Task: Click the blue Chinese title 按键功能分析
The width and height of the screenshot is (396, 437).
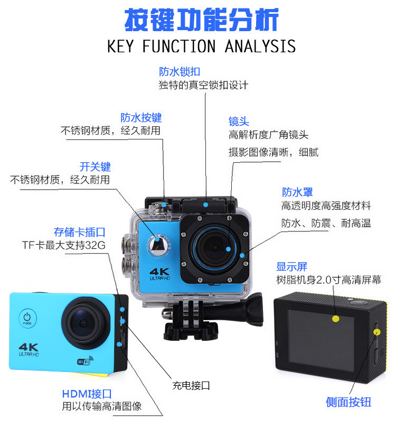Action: pos(201,21)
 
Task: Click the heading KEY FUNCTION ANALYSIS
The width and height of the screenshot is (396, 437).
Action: pos(201,47)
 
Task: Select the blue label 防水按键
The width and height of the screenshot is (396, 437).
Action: pos(140,117)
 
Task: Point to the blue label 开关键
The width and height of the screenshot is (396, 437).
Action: pos(95,167)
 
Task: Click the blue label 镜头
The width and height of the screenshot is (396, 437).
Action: pos(239,122)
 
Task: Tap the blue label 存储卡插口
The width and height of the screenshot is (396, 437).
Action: pos(80,232)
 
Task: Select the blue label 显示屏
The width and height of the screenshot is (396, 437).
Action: pos(291,267)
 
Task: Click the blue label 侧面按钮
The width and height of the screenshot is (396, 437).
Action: pos(348,402)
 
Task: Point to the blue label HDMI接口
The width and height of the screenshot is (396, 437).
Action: pos(87,394)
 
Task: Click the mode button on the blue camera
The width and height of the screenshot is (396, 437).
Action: pos(27,318)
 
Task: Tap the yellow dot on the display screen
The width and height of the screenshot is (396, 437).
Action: pos(335,319)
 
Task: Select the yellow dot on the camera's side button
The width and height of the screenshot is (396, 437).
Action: pos(377,332)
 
